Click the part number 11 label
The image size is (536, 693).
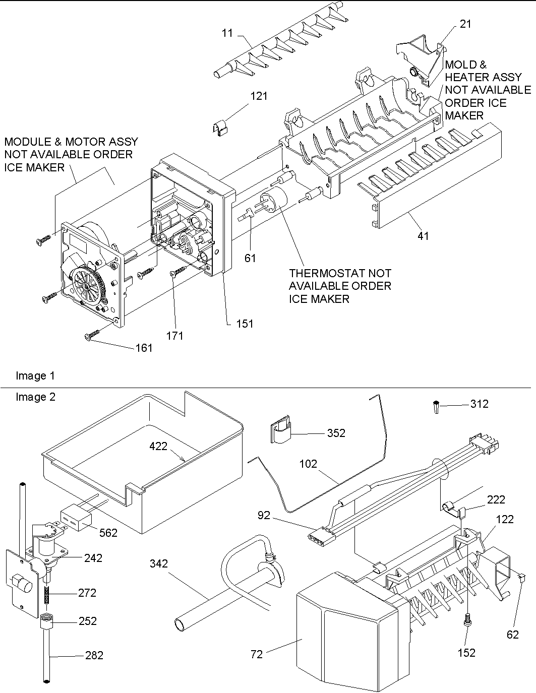[227, 33]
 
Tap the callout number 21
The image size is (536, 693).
[465, 24]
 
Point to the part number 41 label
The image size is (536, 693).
[423, 235]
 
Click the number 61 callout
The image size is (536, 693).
[250, 258]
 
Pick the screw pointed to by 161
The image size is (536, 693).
[93, 335]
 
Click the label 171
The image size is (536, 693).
[175, 336]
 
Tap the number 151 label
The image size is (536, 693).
[245, 324]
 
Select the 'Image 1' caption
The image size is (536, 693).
[35, 375]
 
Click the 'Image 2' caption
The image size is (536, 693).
[35, 397]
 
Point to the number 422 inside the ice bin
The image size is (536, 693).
[158, 446]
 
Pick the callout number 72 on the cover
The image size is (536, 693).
[256, 654]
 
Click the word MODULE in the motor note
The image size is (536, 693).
[25, 142]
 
